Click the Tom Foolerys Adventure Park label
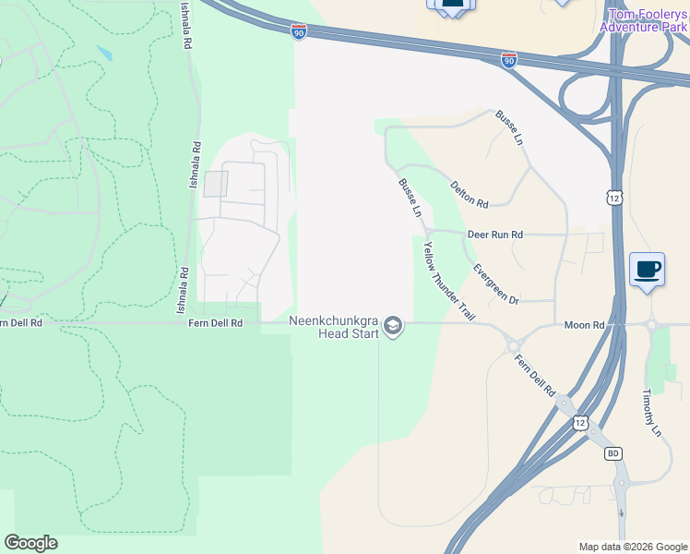644,20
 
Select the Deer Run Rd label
494,235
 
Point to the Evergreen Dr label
495,284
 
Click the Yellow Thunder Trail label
448,281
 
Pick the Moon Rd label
583,325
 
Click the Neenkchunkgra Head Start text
333,327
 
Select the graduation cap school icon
394,326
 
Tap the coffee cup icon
646,269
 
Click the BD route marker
613,453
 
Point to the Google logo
30,543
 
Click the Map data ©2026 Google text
632,547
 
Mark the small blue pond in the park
103,54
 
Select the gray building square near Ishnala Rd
215,184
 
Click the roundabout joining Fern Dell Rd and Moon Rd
513,345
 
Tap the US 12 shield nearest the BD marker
579,422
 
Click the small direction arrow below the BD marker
622,513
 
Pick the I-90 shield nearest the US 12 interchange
508,59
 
